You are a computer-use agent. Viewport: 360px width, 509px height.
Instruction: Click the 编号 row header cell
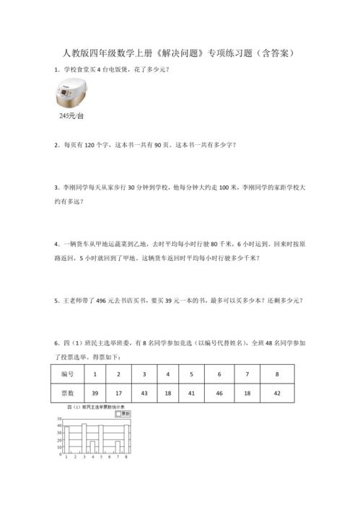pos(68,374)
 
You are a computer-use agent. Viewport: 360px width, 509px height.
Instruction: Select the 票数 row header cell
pos(68,394)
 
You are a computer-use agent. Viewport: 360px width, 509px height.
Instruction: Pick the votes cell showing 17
pos(119,394)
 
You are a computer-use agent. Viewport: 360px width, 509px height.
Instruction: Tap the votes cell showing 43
pos(144,394)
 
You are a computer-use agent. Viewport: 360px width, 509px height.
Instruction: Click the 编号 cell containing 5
pos(191,374)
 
